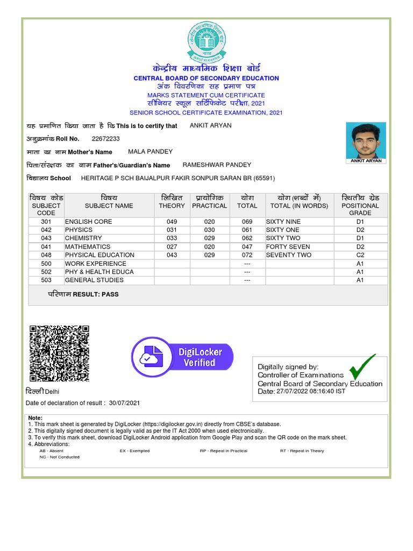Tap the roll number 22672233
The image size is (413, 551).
106,139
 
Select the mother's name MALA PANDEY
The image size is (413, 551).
151,152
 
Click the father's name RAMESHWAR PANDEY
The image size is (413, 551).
217,165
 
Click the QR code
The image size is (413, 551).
59,354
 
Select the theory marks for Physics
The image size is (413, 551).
172,230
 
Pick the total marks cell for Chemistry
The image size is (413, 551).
247,238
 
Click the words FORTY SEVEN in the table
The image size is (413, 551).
288,246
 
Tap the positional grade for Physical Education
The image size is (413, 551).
360,255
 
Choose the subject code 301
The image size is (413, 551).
46,222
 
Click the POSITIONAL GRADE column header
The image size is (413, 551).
360,206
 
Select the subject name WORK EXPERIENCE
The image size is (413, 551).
96,264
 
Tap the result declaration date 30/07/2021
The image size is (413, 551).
124,403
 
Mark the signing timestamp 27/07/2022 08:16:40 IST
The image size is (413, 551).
311,392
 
